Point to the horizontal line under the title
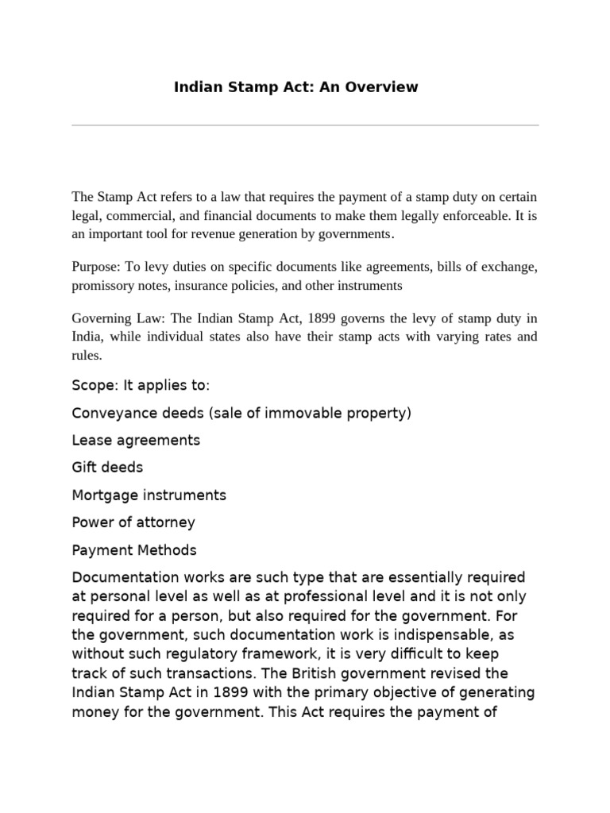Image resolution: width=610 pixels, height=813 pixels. (x=305, y=125)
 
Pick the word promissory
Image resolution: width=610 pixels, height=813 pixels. (x=103, y=285)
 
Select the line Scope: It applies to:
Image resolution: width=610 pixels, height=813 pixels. (x=141, y=386)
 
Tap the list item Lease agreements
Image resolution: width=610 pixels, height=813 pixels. (x=136, y=440)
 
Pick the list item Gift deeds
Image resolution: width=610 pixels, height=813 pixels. (x=107, y=468)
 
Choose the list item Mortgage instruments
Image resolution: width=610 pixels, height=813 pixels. (x=149, y=495)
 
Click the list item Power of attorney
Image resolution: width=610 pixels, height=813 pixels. (x=133, y=522)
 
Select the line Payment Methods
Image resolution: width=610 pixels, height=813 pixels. (x=134, y=549)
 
